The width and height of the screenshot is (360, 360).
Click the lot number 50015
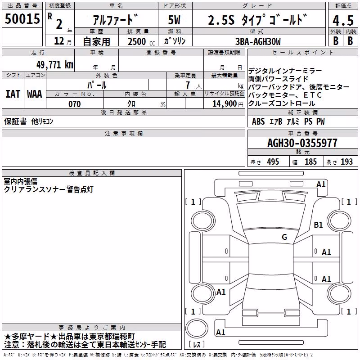click(x=22, y=19)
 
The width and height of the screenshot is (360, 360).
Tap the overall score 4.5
click(x=343, y=20)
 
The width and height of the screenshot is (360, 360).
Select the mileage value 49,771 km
click(x=54, y=65)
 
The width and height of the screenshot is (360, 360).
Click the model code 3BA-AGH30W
click(x=258, y=41)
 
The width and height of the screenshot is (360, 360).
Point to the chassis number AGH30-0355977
click(x=302, y=143)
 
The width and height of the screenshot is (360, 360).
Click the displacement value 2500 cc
click(x=141, y=41)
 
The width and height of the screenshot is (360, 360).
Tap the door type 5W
click(x=174, y=20)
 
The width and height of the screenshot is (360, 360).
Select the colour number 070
click(x=75, y=104)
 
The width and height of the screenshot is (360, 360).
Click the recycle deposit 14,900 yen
click(x=228, y=104)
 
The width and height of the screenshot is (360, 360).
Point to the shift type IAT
click(x=13, y=94)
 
